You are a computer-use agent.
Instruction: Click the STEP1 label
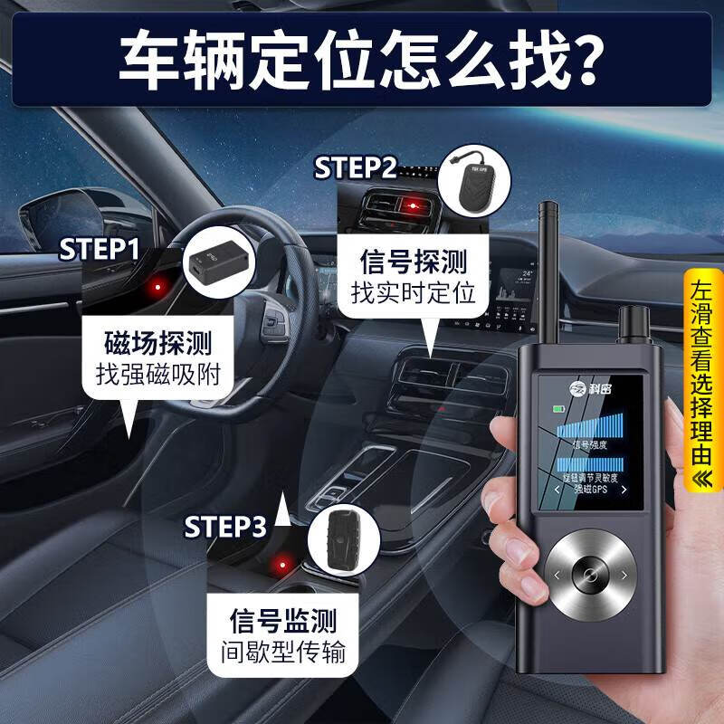[100, 250]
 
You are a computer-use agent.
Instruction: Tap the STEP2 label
[356, 168]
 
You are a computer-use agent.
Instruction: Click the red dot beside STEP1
[157, 289]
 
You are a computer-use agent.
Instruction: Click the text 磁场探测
[159, 343]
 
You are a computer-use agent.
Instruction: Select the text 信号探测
[414, 263]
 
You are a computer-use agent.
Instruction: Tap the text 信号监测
[284, 621]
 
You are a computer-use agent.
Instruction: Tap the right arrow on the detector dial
[624, 574]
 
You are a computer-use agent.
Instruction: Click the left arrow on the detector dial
[557, 574]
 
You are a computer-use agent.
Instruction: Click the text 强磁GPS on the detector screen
[593, 489]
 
